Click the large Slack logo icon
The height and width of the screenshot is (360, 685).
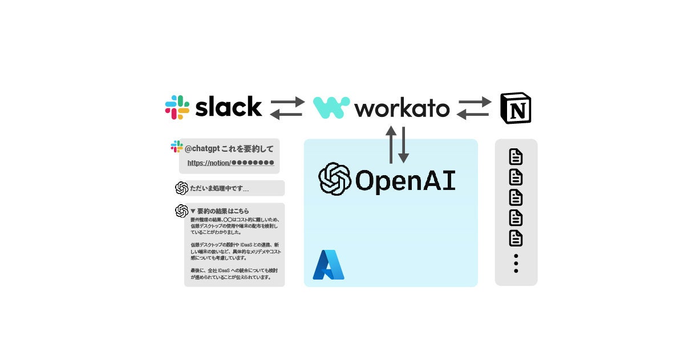pyautogui.click(x=177, y=107)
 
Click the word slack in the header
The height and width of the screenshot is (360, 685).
pyautogui.click(x=228, y=107)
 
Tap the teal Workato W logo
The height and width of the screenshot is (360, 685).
pyautogui.click(x=331, y=107)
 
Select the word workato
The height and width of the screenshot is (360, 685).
pyautogui.click(x=402, y=108)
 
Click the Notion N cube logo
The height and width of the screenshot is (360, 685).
pyautogui.click(x=515, y=107)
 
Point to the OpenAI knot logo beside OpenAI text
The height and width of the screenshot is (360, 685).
pyautogui.click(x=334, y=179)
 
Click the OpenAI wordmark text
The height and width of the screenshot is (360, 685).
pyautogui.click(x=405, y=180)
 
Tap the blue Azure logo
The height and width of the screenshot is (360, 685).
pyautogui.click(x=329, y=265)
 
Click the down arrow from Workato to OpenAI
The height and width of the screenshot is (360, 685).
pyautogui.click(x=403, y=144)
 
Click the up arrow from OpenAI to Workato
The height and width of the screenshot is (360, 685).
pyautogui.click(x=391, y=144)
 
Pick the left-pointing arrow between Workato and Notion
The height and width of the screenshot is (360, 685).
pyautogui.click(x=473, y=114)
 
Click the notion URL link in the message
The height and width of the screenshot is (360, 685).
pyautogui.click(x=230, y=163)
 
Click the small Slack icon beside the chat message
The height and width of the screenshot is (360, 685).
pyautogui.click(x=177, y=147)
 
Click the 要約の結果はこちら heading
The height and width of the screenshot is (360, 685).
pyautogui.click(x=222, y=211)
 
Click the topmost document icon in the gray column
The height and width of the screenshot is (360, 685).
pyautogui.click(x=516, y=157)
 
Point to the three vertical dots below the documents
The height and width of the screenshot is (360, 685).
pyautogui.click(x=516, y=263)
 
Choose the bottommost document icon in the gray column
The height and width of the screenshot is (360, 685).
pyautogui.click(x=516, y=238)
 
